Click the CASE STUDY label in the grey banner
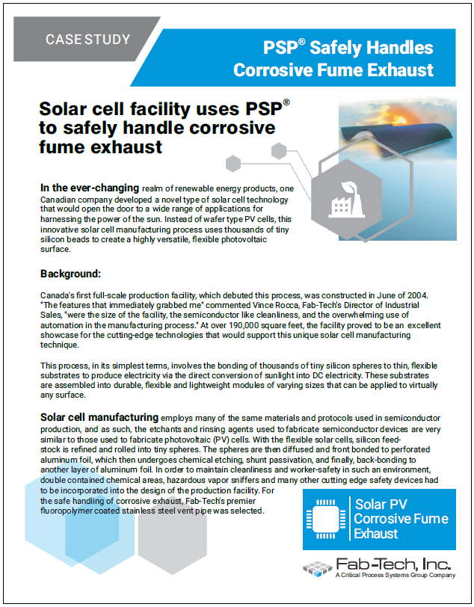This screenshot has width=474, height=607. pos(87,40)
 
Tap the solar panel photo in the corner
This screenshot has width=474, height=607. pos(396,127)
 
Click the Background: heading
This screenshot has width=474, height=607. pos(75,274)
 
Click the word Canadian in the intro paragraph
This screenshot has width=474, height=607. pos(64,200)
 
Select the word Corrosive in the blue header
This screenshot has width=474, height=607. pos(277,70)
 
